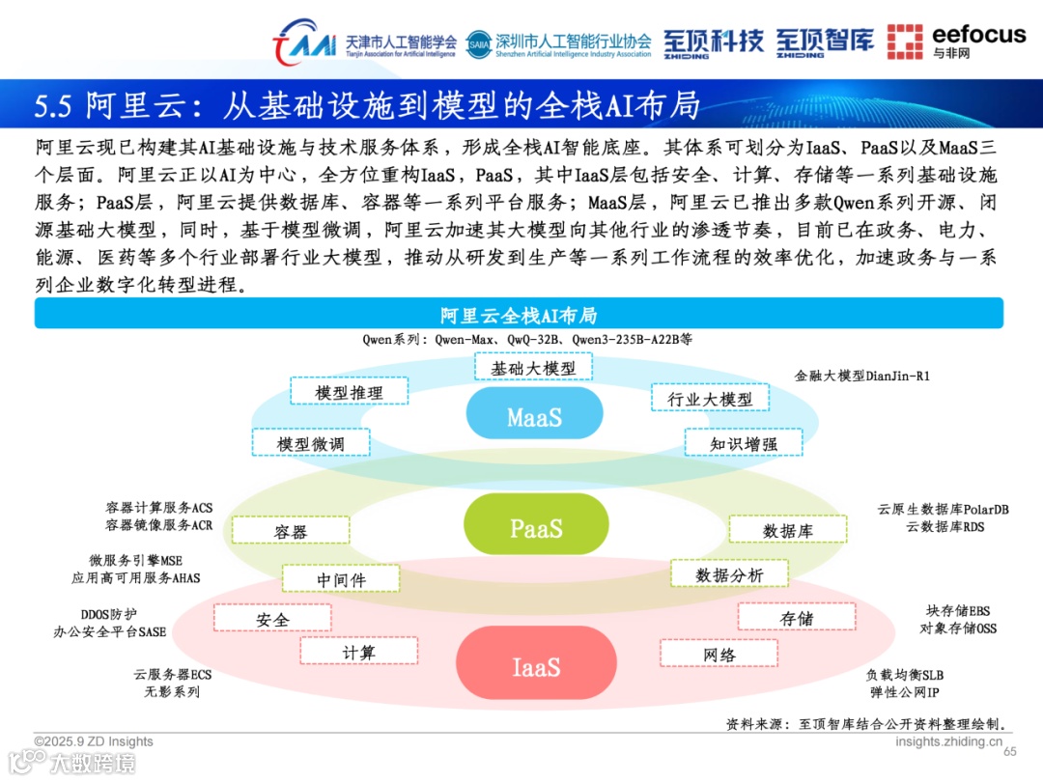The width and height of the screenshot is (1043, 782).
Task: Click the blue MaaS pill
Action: pyautogui.click(x=535, y=416)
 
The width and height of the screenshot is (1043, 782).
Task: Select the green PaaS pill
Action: pyautogui.click(x=535, y=527)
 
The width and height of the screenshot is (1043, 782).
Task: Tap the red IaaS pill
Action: pyautogui.click(x=535, y=666)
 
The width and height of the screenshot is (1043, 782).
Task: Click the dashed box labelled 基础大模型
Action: pyautogui.click(x=533, y=368)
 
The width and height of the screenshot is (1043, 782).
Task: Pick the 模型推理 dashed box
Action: pyautogui.click(x=349, y=392)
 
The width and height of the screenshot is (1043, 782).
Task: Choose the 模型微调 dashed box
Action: pyautogui.click(x=310, y=443)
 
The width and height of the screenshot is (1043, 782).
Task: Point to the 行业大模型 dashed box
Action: pyautogui.click(x=709, y=399)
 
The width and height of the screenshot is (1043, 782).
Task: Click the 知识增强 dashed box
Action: pyautogui.click(x=743, y=443)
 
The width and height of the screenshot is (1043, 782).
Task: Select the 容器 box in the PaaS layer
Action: pyautogui.click(x=291, y=531)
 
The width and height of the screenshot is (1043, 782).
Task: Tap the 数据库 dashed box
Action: pyautogui.click(x=787, y=530)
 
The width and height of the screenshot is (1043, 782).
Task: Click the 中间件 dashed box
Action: pyautogui.click(x=341, y=579)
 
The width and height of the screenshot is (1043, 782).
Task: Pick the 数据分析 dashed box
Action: pyautogui.click(x=729, y=574)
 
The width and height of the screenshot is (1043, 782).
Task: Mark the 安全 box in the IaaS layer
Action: pyautogui.click(x=272, y=619)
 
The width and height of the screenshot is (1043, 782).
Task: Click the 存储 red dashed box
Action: pyautogui.click(x=797, y=618)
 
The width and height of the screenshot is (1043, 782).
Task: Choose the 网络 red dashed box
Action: pyautogui.click(x=719, y=655)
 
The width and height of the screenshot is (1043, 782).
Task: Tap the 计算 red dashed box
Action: pyautogui.click(x=359, y=653)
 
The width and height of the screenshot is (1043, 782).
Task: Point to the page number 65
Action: pyautogui.click(x=1011, y=752)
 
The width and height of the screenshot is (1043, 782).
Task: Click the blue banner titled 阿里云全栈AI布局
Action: pyautogui.click(x=519, y=315)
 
